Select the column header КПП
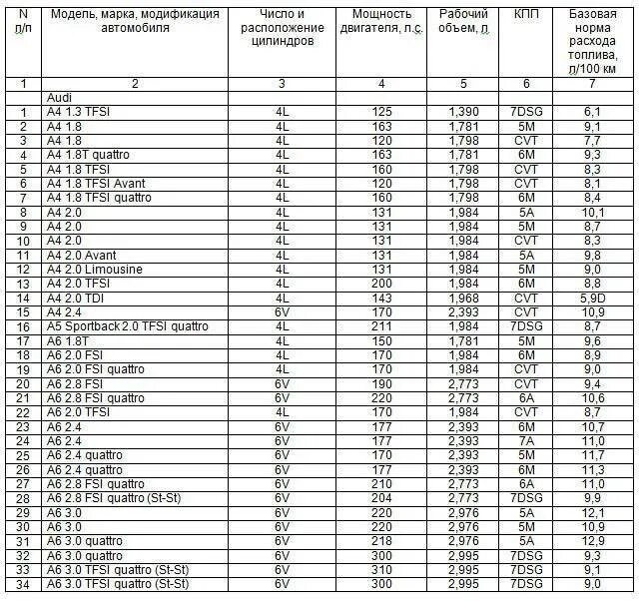[x=524, y=16]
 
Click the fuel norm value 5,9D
[x=588, y=299]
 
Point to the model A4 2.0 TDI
[x=77, y=299]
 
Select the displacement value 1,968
[x=463, y=299]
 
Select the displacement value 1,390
[x=463, y=113]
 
